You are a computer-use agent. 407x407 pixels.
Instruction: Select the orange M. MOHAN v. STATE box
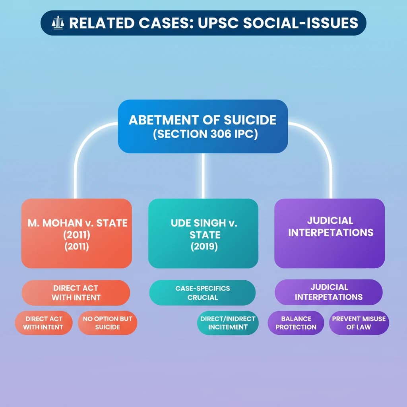(x=76, y=233)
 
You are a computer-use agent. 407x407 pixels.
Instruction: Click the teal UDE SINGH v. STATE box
(x=203, y=233)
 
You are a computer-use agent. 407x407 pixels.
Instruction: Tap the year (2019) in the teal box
(x=204, y=247)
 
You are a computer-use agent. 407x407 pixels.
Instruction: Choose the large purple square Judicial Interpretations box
(x=329, y=233)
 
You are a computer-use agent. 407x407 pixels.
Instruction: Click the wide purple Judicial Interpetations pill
(x=329, y=292)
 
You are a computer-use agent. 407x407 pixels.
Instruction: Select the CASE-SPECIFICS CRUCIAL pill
(x=202, y=293)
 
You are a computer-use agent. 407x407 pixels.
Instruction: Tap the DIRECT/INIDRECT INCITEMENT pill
(x=228, y=323)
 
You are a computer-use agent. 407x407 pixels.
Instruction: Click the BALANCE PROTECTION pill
(x=296, y=323)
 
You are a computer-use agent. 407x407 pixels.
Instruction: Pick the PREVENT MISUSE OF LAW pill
(x=359, y=323)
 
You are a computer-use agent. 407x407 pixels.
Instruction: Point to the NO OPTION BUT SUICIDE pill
(x=107, y=323)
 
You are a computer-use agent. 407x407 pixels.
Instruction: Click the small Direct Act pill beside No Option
(x=44, y=323)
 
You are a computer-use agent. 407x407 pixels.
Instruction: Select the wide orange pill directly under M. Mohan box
(x=76, y=293)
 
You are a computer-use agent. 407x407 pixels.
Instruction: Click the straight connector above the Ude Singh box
(x=203, y=175)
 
